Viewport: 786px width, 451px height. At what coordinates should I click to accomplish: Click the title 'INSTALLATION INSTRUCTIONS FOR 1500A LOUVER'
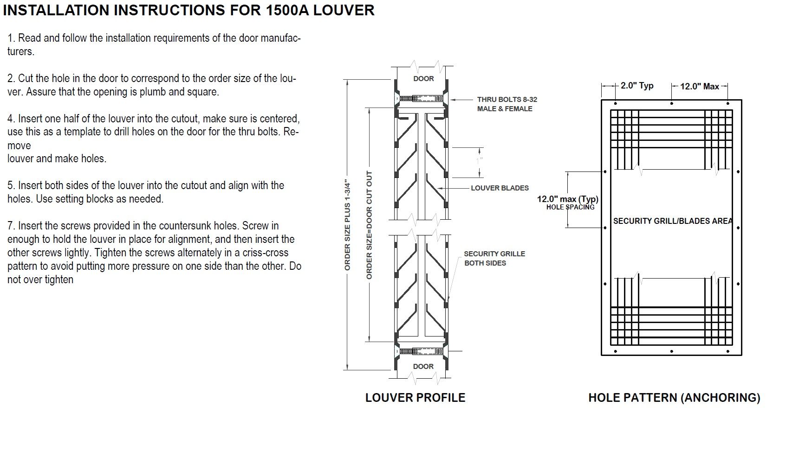[188, 10]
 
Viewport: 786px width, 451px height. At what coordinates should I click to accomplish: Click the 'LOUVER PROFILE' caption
[415, 398]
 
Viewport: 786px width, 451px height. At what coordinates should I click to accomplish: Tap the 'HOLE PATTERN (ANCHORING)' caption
[674, 398]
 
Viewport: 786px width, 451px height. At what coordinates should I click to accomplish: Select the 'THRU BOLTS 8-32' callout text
[507, 99]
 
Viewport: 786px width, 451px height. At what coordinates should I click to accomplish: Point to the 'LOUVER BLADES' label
[500, 188]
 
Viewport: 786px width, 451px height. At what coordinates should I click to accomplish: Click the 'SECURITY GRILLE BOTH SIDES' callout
[494, 258]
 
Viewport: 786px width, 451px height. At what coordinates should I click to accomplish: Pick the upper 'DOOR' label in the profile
[423, 79]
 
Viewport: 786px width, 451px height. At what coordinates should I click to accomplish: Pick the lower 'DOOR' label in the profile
[423, 367]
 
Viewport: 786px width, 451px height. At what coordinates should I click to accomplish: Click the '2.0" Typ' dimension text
[637, 86]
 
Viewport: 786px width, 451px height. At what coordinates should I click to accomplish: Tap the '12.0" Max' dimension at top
[699, 86]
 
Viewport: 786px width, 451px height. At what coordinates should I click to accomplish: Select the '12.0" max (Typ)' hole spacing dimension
[567, 199]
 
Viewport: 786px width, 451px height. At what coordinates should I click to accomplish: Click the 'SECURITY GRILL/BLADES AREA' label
[672, 221]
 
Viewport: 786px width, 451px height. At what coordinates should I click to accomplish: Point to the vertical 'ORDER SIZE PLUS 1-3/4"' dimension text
[348, 225]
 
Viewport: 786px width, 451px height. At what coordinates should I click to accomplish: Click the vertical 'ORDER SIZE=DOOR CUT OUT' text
[370, 225]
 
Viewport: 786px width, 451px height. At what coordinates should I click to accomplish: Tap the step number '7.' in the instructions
[11, 226]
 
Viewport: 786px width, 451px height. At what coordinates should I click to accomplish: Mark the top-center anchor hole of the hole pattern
[671, 103]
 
